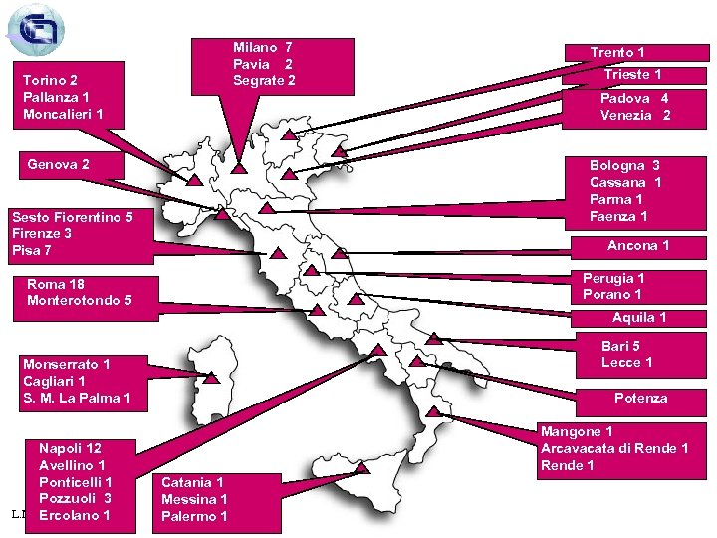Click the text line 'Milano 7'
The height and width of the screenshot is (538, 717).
262,47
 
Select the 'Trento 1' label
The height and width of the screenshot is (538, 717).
617,52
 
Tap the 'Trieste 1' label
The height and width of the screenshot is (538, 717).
632,75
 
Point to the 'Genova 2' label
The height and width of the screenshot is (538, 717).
59,163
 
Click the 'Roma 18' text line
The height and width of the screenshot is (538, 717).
56,284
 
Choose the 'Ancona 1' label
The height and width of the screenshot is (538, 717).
638,245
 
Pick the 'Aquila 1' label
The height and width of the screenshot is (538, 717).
639,317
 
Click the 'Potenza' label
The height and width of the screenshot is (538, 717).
641,399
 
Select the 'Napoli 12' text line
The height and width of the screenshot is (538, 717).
70,448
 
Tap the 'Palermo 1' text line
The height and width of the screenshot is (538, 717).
194,516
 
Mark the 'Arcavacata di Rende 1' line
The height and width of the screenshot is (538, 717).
613,448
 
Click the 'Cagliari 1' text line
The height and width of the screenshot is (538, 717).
54,382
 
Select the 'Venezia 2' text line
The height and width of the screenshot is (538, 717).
635,116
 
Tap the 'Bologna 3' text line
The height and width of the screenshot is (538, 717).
624,165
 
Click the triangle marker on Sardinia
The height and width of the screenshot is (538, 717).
212,377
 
